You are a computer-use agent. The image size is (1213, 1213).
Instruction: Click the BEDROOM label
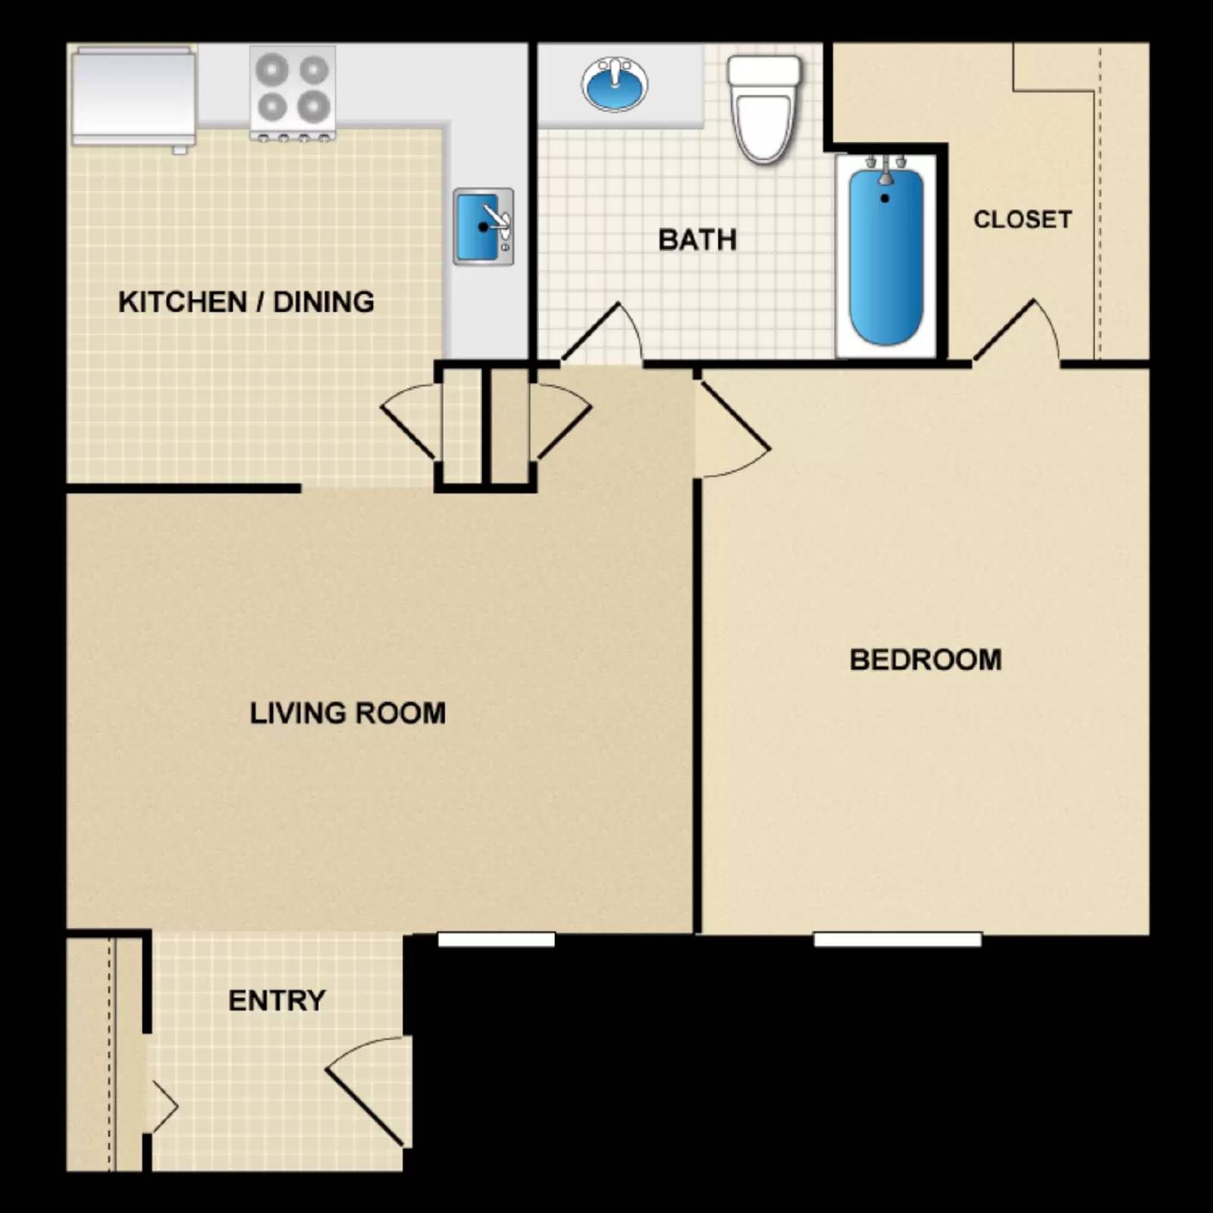pos(925,660)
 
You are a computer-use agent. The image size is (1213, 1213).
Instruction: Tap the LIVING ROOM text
pos(347,713)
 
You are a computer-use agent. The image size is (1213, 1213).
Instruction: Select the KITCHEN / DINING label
pos(246,302)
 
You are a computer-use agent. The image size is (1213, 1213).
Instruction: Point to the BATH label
pos(697,240)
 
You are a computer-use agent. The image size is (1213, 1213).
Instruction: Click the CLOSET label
pos(1022,219)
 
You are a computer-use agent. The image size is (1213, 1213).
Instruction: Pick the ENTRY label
pos(277,1001)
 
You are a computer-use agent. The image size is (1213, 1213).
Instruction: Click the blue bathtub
pos(885,258)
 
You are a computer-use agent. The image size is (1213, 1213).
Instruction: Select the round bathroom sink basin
pos(615,84)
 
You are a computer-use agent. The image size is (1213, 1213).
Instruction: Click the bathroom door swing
pos(603,334)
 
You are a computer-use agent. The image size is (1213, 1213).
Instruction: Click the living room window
pos(497,940)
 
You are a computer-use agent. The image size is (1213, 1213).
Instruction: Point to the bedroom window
pos(898,940)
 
